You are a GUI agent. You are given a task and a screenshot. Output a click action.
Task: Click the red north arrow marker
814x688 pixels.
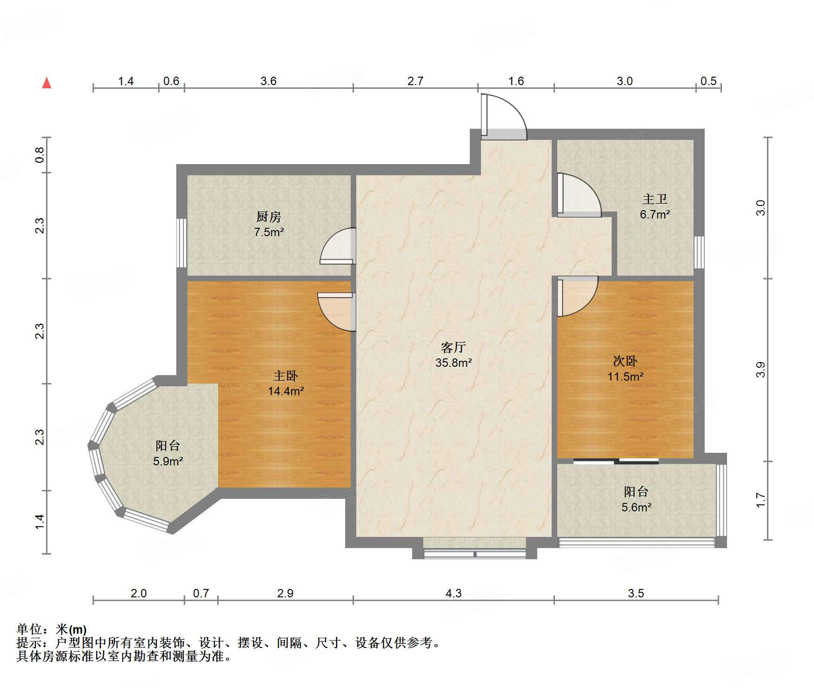tap(47, 83)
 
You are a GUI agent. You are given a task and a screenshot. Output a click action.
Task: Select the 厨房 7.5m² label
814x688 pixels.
tap(269, 225)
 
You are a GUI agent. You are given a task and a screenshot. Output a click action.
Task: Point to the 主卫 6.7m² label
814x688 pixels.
tap(655, 207)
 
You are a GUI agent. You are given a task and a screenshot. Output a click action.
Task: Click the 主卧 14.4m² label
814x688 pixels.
tap(286, 384)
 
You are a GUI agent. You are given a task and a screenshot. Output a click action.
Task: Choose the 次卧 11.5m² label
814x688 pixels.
tap(625, 369)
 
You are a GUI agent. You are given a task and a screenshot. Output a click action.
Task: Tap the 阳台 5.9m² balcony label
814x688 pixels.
tap(168, 453)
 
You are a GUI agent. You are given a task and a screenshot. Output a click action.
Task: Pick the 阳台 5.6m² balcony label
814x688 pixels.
tap(636, 499)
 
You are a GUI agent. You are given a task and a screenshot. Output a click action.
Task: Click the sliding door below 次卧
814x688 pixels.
tap(616, 462)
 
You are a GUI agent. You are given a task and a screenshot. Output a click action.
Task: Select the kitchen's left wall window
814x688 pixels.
tap(182, 243)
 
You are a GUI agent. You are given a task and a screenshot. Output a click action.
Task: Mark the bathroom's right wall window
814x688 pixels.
tap(699, 252)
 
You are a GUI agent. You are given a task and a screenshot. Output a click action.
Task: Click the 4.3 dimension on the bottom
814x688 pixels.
tap(454, 593)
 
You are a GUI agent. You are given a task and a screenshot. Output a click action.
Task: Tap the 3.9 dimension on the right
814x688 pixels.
tap(760, 370)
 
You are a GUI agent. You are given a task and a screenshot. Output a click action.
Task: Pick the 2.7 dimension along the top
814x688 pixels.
tap(415, 81)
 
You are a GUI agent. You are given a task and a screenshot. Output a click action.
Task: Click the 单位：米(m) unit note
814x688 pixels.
tap(52, 629)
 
